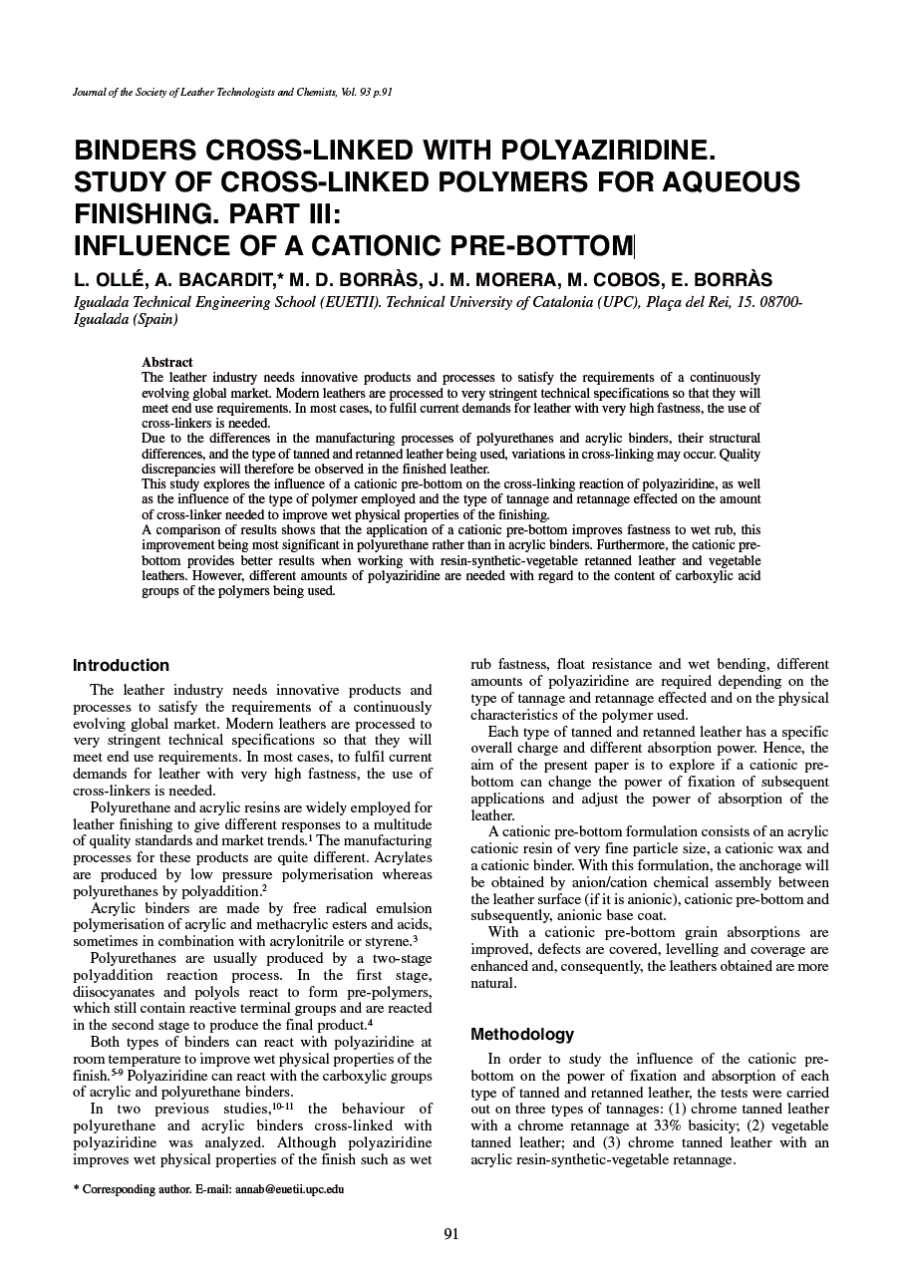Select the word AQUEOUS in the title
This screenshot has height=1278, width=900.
click(x=727, y=182)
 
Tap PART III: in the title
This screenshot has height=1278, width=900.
click(x=275, y=213)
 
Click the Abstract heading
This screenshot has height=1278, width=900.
click(x=167, y=362)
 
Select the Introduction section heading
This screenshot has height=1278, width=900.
click(x=121, y=665)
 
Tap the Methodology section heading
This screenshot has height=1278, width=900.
click(x=521, y=1034)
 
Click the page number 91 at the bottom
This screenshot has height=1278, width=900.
click(x=450, y=1234)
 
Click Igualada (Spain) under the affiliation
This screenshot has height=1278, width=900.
click(x=127, y=319)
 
